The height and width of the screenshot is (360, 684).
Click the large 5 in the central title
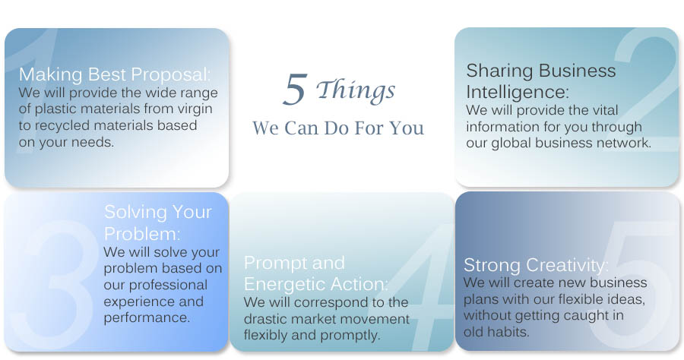[296, 90]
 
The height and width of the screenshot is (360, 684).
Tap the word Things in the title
[356, 91]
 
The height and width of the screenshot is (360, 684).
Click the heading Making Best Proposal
[115, 74]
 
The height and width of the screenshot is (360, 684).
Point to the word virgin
[195, 109]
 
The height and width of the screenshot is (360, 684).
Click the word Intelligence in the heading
[518, 93]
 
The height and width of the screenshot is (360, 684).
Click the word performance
[147, 317]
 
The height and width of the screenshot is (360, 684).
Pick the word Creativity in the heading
[567, 265]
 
